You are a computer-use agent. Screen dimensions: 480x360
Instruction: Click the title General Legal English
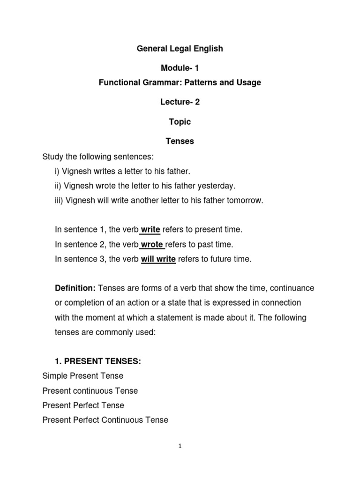pos(180,48)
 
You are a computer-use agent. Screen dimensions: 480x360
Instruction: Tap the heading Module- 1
pos(180,68)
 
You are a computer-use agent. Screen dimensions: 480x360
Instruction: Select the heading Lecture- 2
pos(180,102)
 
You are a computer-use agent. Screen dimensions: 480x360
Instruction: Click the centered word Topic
pos(180,122)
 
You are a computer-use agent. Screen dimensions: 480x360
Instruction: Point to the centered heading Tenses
pos(180,141)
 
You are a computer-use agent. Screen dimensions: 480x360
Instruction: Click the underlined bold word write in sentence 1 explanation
pos(150,230)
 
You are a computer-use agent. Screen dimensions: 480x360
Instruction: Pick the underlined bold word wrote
pos(152,244)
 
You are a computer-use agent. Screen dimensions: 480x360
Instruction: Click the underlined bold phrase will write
pos(158,259)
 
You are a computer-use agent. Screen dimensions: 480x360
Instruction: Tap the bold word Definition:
pos(75,287)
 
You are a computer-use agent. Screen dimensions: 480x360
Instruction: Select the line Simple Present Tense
pos(83,376)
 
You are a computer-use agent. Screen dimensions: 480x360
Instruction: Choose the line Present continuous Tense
pos(90,390)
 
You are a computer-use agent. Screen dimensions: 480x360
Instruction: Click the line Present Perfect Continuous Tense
pos(105,420)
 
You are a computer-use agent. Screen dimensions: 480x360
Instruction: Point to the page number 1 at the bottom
pos(180,447)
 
